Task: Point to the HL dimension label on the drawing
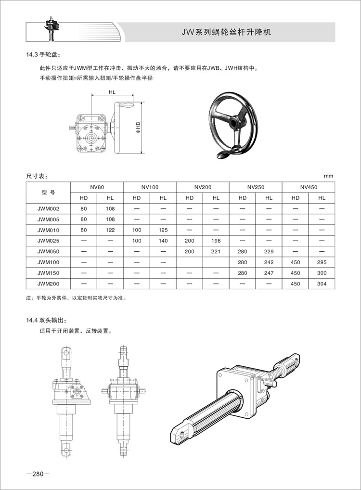pos(112,91)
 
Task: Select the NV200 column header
pos(203,187)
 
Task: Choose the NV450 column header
pos(309,187)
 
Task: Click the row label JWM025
pos(48,241)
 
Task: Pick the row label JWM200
pos(48,284)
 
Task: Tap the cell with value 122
pos(110,230)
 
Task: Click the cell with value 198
pos(216,241)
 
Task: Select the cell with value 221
pos(216,252)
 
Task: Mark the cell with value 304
pos(322,284)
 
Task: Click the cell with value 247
pos(269,273)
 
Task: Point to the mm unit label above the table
pos(328,176)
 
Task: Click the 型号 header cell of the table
pos(48,192)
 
